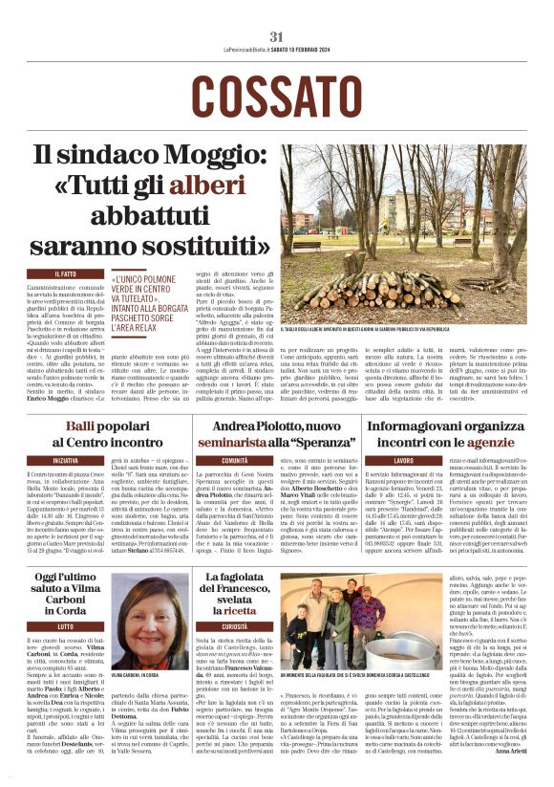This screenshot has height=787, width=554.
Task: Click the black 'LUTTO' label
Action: [x=66, y=626]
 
